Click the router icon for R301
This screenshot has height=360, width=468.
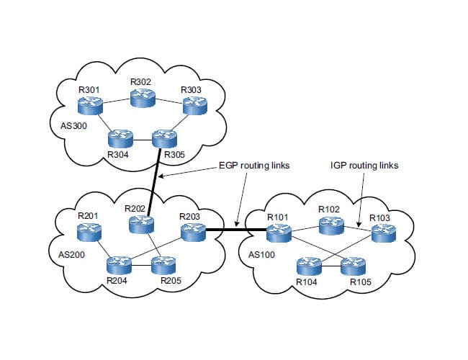[91, 105]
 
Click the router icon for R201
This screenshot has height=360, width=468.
[91, 231]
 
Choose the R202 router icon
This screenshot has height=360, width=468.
[140, 224]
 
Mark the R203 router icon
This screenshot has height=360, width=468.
[192, 231]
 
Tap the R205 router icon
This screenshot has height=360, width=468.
[165, 264]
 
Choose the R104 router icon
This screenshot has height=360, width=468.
[307, 265]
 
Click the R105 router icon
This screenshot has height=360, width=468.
[354, 265]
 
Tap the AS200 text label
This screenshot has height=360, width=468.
[72, 254]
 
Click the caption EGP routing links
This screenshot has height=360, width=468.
[254, 165]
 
